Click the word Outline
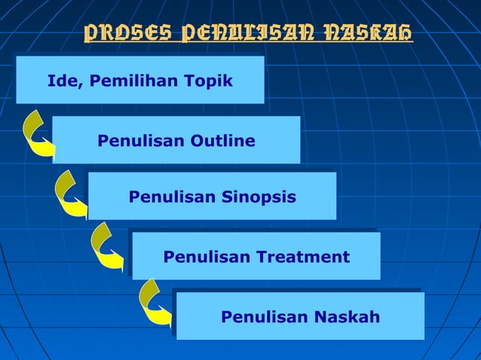pyautogui.click(x=222, y=141)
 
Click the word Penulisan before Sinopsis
pyautogui.click(x=173, y=197)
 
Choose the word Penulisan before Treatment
pyautogui.click(x=207, y=257)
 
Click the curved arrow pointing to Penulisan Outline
pyautogui.click(x=36, y=134)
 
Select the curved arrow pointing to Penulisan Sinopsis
pyautogui.click(x=69, y=193)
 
